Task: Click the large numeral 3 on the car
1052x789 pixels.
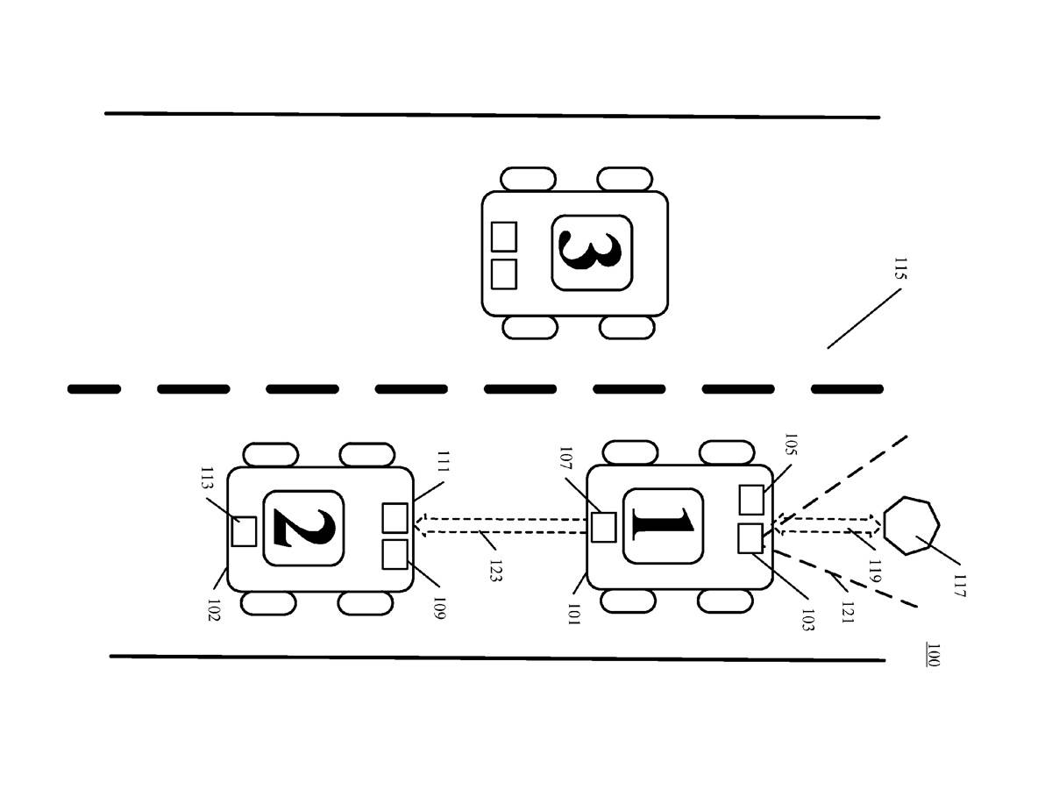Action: point(589,252)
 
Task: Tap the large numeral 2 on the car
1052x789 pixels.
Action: point(304,528)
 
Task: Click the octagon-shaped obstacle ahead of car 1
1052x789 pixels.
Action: point(911,525)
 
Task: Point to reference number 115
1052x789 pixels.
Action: point(900,268)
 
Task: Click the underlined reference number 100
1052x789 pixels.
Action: point(933,655)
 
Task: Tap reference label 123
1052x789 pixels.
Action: point(495,571)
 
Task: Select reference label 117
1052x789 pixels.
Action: point(959,586)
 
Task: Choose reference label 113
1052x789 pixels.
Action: point(207,478)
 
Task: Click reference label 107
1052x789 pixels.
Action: point(566,458)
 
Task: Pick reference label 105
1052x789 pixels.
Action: point(791,444)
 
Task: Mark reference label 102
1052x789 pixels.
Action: point(213,610)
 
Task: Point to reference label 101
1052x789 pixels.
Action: point(573,615)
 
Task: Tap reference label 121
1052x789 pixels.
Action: point(848,612)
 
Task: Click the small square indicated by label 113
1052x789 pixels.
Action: point(244,530)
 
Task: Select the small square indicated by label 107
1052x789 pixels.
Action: point(603,527)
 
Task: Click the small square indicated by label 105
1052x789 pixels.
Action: point(751,500)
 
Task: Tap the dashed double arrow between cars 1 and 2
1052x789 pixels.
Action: point(500,525)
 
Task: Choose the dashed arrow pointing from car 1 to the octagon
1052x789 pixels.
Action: point(828,525)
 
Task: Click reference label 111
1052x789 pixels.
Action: point(444,461)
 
